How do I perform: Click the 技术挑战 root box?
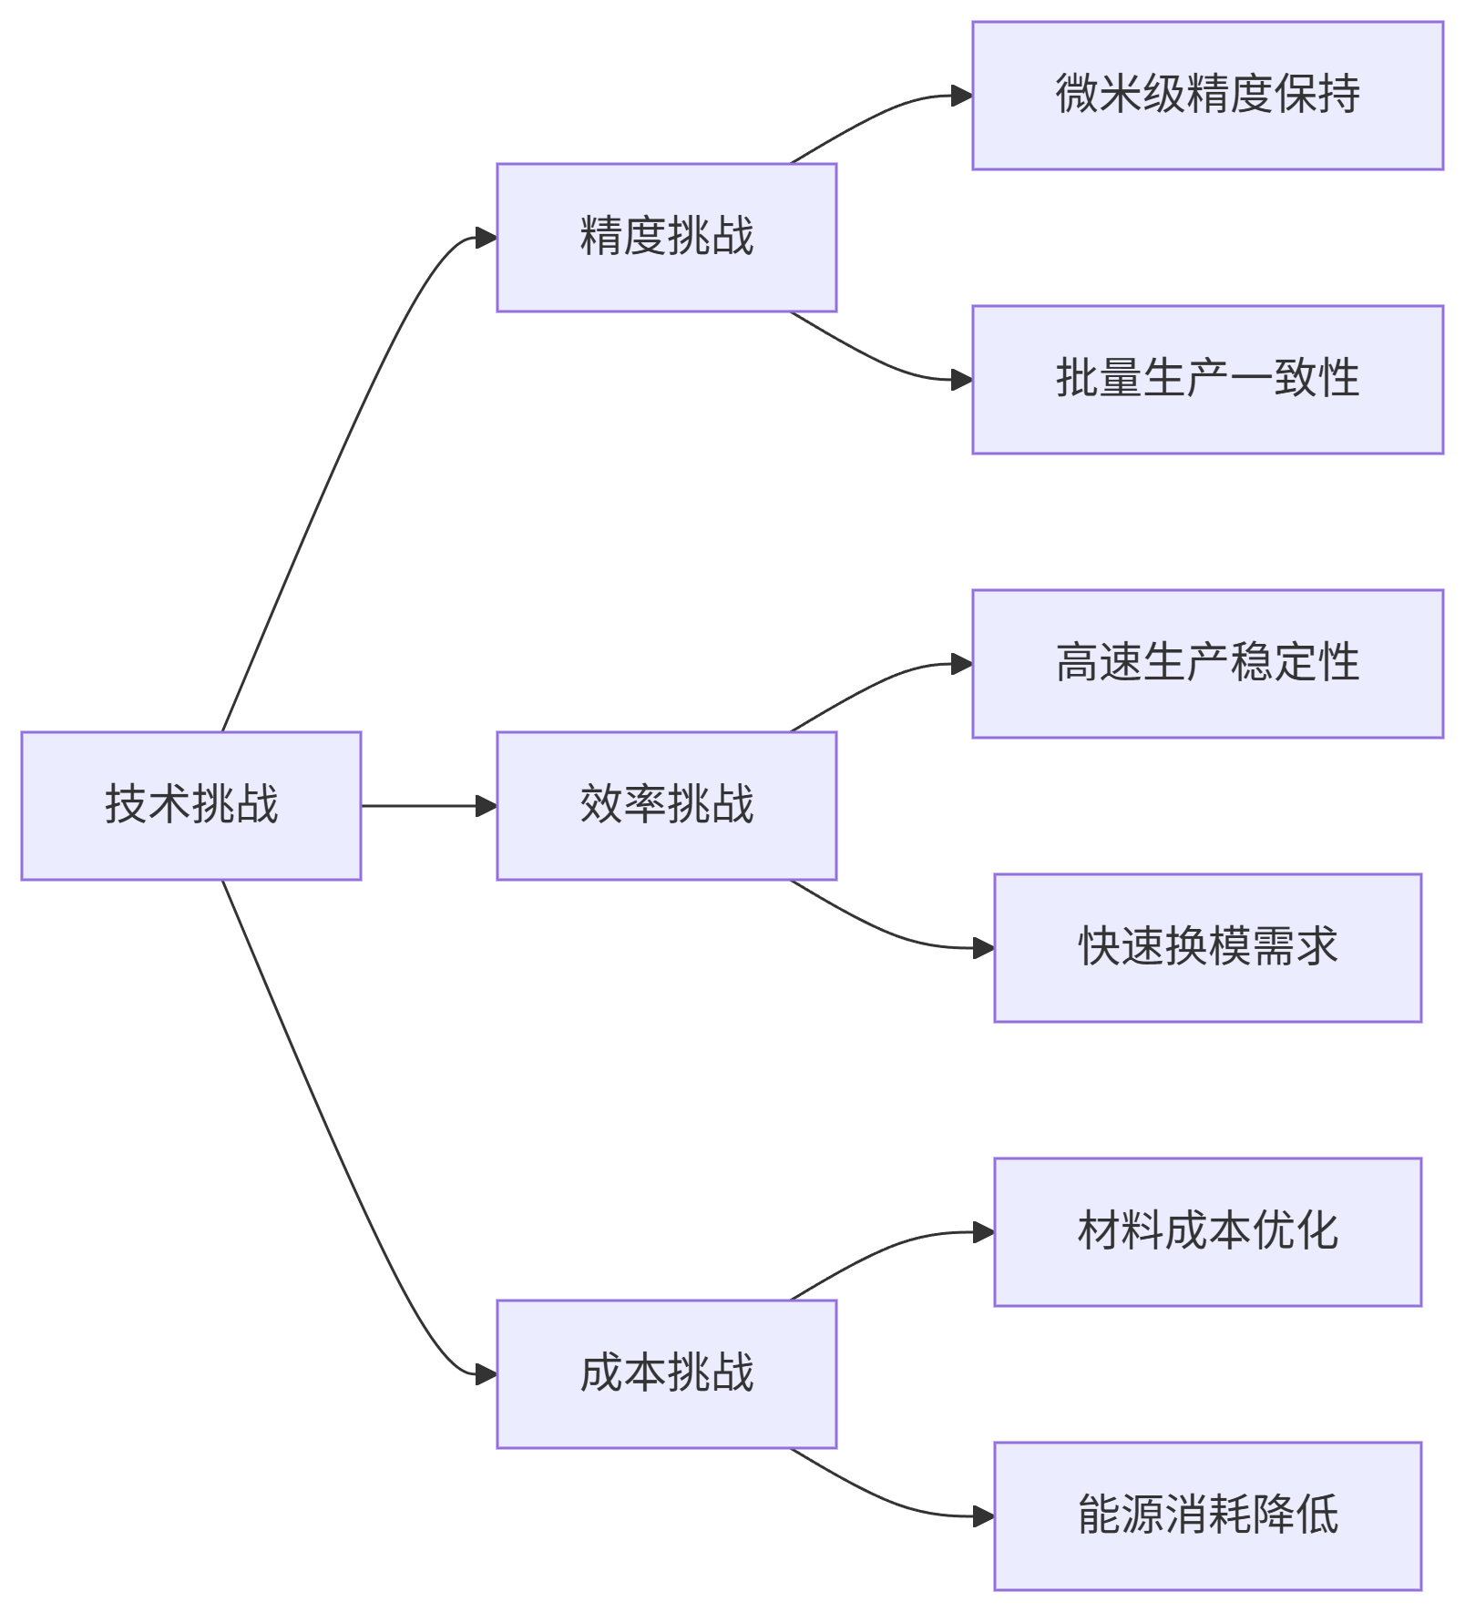tap(191, 805)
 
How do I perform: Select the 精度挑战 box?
tap(666, 238)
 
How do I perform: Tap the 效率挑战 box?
tap(666, 805)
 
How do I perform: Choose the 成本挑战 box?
tap(666, 1373)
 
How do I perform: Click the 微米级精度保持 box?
tap(1207, 96)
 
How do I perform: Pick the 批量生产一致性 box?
tap(1207, 380)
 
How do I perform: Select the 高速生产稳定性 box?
tap(1207, 664)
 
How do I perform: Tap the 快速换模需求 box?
tap(1207, 948)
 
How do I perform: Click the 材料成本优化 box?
tap(1207, 1232)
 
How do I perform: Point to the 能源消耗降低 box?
tap(1207, 1516)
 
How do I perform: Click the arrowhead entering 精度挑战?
tap(487, 238)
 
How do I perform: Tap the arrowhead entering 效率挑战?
tap(487, 805)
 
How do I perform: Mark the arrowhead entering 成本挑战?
tap(487, 1373)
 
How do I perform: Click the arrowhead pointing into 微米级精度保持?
tap(962, 96)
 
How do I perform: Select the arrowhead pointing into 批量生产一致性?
tap(962, 380)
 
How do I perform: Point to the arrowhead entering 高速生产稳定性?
tap(962, 664)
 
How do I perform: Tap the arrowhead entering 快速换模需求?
tap(984, 948)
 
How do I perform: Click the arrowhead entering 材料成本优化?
tap(984, 1232)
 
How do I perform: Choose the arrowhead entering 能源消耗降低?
tap(984, 1516)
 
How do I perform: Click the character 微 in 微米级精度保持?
tap(1076, 94)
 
